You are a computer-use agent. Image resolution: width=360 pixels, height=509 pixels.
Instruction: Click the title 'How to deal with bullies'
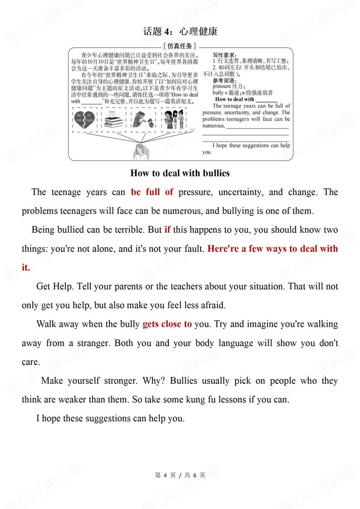[180, 173]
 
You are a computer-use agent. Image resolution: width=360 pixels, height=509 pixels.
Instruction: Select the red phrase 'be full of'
[152, 192]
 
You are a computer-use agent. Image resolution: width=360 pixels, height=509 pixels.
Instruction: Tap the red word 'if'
[167, 230]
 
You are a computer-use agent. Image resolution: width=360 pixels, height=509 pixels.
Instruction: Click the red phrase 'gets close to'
[167, 324]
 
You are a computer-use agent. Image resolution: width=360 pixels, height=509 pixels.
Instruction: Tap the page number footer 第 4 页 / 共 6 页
[180, 475]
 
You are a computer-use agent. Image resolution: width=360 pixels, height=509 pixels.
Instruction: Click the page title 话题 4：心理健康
[180, 31]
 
